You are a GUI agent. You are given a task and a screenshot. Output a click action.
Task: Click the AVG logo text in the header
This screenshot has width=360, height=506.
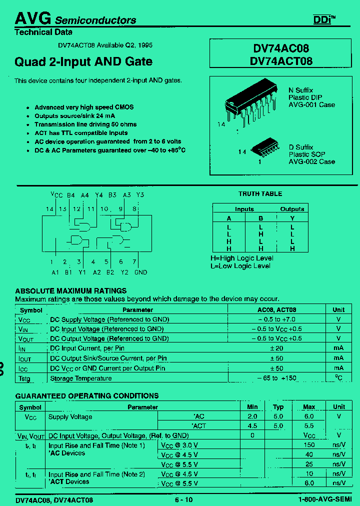click(x=32, y=18)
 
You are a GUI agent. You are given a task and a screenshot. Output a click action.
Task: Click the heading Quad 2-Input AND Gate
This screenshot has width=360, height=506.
click(x=83, y=62)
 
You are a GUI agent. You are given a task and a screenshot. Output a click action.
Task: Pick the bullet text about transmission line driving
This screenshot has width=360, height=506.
click(x=85, y=124)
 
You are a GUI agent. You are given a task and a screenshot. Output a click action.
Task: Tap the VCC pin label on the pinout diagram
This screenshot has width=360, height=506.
click(x=56, y=195)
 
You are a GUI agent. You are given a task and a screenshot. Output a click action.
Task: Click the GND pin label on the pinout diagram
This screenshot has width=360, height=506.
click(x=140, y=272)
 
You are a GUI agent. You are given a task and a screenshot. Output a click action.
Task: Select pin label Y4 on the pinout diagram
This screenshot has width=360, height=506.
click(x=98, y=195)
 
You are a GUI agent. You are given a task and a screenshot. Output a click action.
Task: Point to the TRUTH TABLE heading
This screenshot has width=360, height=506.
click(x=260, y=194)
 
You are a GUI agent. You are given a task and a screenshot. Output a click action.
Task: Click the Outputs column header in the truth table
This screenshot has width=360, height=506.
click(x=292, y=209)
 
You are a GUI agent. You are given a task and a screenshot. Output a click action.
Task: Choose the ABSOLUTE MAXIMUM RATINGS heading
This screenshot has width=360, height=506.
click(x=70, y=291)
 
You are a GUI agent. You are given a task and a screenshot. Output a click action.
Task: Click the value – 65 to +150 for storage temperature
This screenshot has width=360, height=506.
click(x=276, y=378)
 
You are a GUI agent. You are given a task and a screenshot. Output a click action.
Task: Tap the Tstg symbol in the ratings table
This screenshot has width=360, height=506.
click(x=24, y=378)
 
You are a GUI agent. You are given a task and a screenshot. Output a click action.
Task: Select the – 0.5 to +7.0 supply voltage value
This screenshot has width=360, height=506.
click(x=276, y=319)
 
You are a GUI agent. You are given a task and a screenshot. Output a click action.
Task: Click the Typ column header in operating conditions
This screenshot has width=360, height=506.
click(x=278, y=407)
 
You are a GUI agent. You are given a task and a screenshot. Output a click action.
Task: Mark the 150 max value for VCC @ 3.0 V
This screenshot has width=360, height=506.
click(x=309, y=445)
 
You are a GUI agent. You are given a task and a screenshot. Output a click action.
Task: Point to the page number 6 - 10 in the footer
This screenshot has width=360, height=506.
click(x=183, y=500)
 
